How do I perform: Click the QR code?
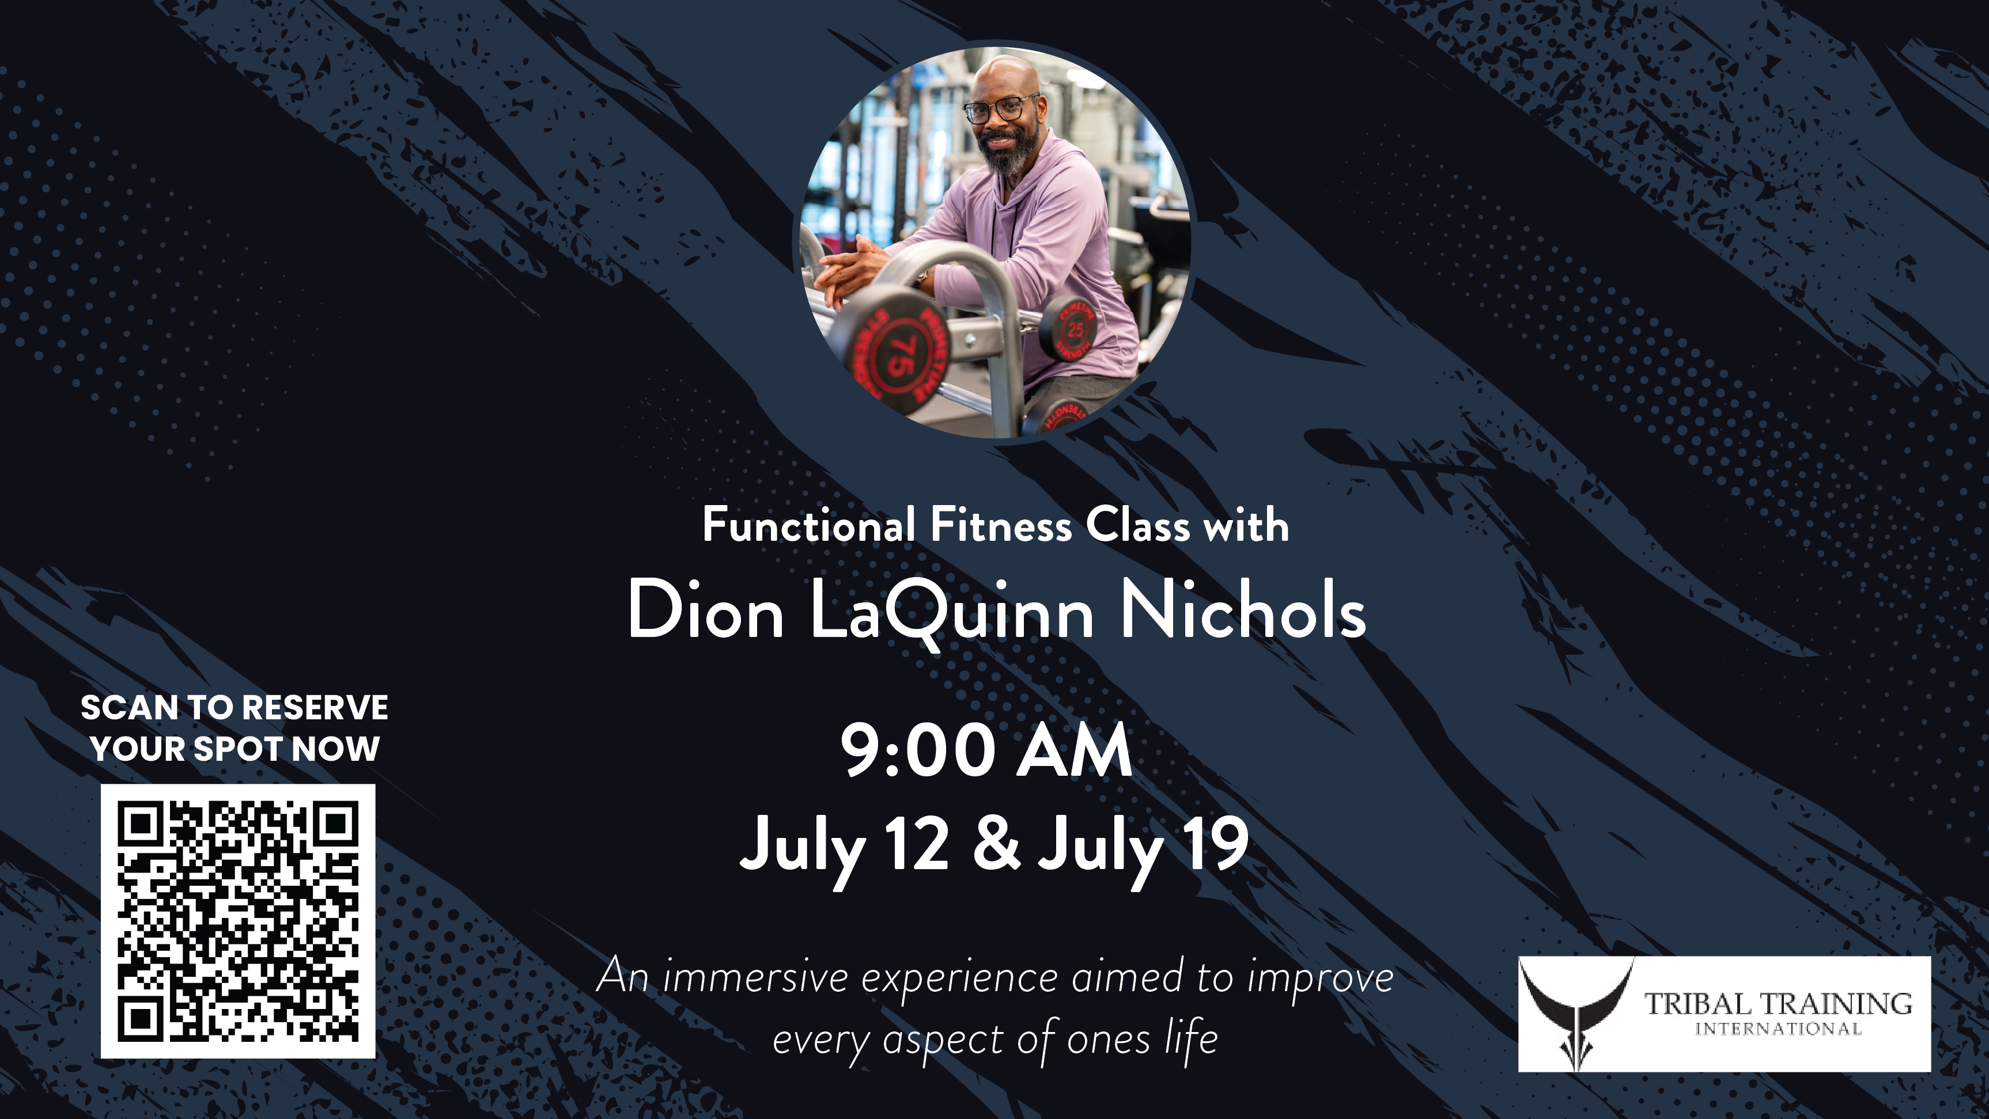point(238,921)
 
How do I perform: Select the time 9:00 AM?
point(986,751)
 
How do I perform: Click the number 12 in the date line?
point(917,844)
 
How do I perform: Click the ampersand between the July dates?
point(996,844)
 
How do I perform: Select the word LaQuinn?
point(952,613)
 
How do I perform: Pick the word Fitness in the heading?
point(1001,526)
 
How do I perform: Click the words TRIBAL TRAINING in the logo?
point(1778,1004)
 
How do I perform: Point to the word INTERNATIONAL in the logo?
point(1778,1029)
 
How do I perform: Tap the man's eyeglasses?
point(1001,109)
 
